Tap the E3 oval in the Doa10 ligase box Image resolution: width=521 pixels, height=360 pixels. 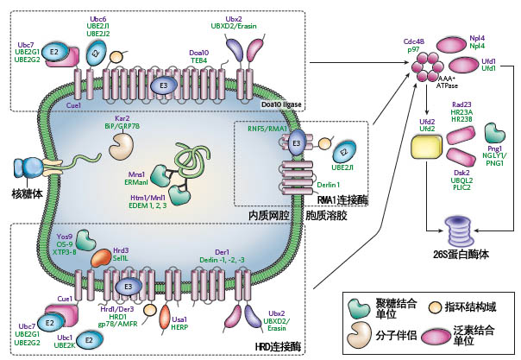pos(161,85)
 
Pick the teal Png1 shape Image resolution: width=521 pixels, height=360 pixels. pos(494,131)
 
